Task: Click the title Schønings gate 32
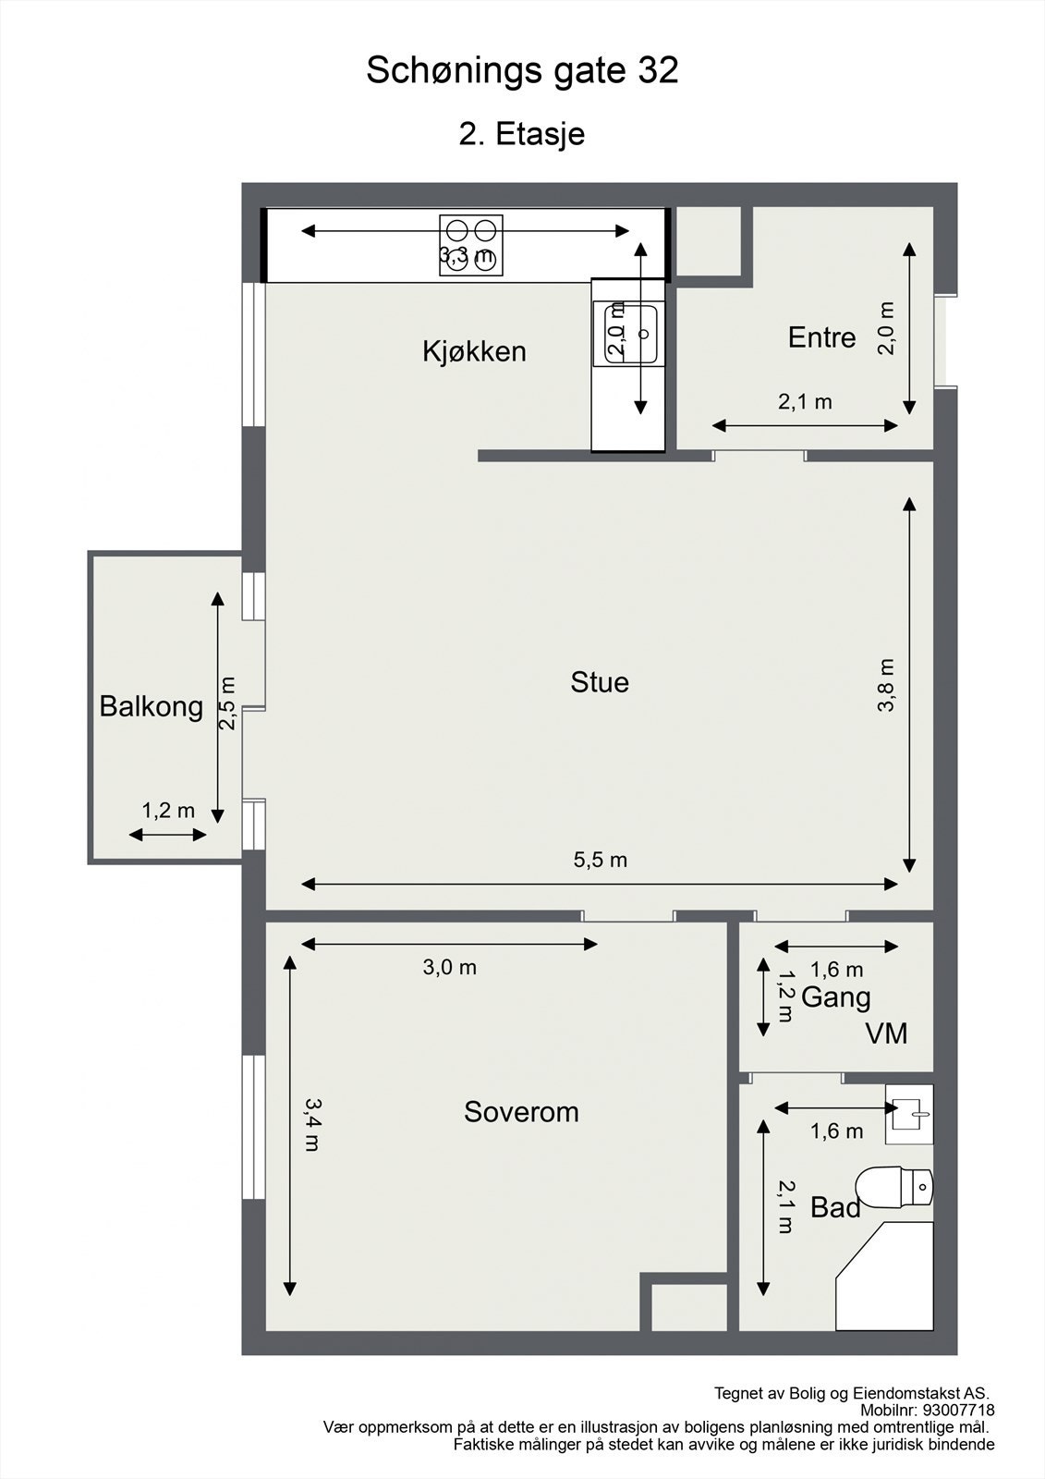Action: click(x=522, y=70)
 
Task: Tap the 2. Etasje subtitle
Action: click(x=522, y=134)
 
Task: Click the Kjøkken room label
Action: click(x=474, y=351)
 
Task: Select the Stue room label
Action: click(x=600, y=682)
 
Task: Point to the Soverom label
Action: click(x=521, y=1111)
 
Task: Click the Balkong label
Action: click(x=151, y=706)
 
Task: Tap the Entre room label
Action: click(x=821, y=337)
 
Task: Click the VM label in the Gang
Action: click(x=886, y=1033)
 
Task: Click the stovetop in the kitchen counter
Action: click(x=471, y=245)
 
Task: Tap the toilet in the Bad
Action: click(x=894, y=1187)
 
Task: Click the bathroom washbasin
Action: click(x=909, y=1113)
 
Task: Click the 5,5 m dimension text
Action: click(x=600, y=860)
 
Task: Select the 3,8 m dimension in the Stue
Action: click(x=886, y=684)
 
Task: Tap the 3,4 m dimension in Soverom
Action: click(x=311, y=1123)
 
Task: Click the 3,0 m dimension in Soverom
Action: click(x=449, y=968)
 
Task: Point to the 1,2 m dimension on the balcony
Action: click(x=168, y=811)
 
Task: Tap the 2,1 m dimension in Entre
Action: click(x=804, y=402)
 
